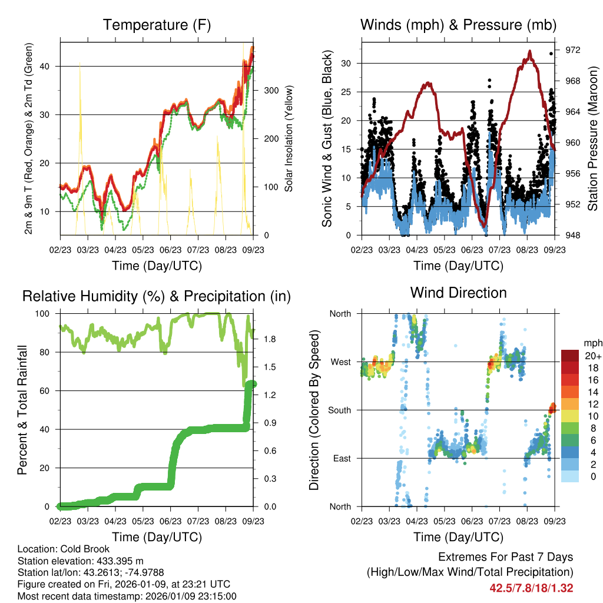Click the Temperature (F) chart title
(x=157, y=25)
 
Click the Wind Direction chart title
(x=458, y=293)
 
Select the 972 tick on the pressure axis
(x=573, y=50)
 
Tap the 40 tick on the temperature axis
(x=49, y=66)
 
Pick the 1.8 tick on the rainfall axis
(x=270, y=339)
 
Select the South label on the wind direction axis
(x=340, y=410)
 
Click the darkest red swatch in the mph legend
(x=570, y=356)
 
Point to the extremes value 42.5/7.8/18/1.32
(x=531, y=588)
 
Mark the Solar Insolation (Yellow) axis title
(x=289, y=139)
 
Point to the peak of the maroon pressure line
(x=530, y=51)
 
